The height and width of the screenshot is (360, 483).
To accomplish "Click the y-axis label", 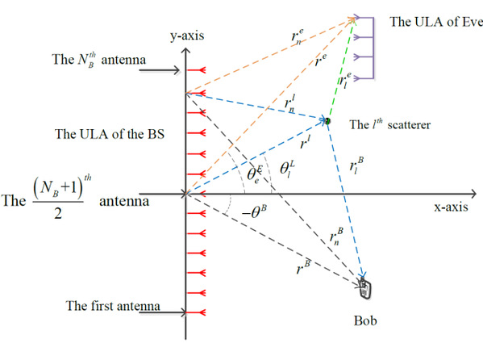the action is point(187,36).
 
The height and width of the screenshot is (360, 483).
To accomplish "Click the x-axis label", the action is point(451,207).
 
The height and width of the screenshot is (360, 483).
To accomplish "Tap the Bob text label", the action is point(365,320).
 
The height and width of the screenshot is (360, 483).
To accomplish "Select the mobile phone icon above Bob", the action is point(365,288).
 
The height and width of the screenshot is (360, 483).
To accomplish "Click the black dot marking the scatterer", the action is point(327,121).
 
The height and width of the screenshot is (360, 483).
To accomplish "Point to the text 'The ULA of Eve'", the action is point(436,22).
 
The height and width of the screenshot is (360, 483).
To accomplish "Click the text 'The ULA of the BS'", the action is point(110,134).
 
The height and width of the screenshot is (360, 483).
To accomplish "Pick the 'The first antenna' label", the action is point(113,306).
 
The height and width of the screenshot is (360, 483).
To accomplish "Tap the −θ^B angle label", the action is point(254,212).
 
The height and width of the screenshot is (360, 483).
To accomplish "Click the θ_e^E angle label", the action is point(255,175).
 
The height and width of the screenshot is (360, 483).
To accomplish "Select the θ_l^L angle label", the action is point(287,169).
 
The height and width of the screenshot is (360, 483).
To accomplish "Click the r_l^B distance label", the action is point(356,165).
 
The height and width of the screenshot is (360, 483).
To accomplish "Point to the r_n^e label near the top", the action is point(298,36).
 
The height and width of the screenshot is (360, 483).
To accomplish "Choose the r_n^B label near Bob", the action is point(336,237).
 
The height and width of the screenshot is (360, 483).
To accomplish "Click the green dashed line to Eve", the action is point(341,69).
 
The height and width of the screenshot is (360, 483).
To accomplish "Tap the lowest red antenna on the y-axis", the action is point(196,313).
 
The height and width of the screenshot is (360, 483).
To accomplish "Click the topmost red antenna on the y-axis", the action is point(196,70).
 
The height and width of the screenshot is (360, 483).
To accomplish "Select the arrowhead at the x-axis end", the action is point(473,194).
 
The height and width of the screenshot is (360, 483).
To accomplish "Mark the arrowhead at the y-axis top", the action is point(185,51).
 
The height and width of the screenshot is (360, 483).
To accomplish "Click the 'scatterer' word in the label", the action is point(409,125).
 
